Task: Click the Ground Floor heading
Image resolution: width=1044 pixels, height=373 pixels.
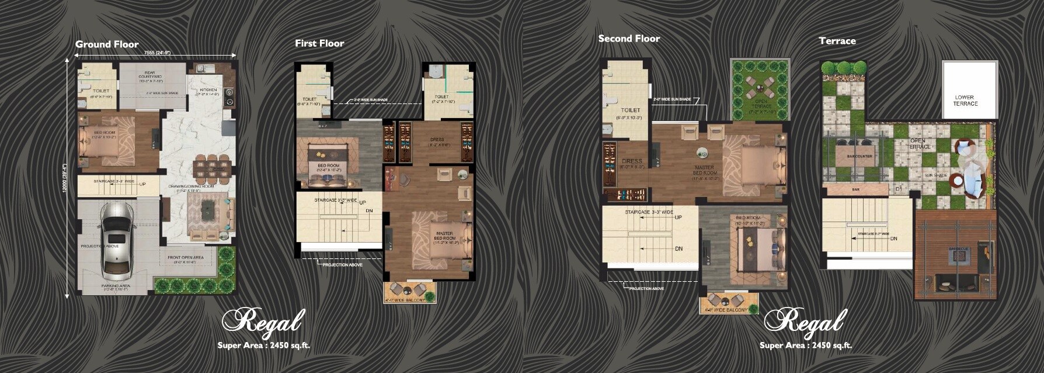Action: (107, 44)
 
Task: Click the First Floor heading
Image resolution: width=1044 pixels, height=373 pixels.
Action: (319, 43)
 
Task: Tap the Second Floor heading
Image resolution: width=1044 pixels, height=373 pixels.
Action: (629, 39)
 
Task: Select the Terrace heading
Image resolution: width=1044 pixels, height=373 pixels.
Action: (837, 41)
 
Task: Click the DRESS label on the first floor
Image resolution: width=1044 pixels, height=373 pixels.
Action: (437, 140)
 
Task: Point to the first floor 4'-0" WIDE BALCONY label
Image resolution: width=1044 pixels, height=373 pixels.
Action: (409, 301)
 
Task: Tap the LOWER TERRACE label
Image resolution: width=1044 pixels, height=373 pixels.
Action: (965, 101)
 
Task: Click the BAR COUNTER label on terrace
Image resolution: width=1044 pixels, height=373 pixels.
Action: (859, 157)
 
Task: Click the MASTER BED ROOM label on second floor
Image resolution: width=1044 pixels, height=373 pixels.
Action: (705, 172)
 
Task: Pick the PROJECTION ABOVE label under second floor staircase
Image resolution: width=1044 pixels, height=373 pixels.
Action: (646, 288)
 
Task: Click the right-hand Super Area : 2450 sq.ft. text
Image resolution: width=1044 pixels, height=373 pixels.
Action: (805, 346)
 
